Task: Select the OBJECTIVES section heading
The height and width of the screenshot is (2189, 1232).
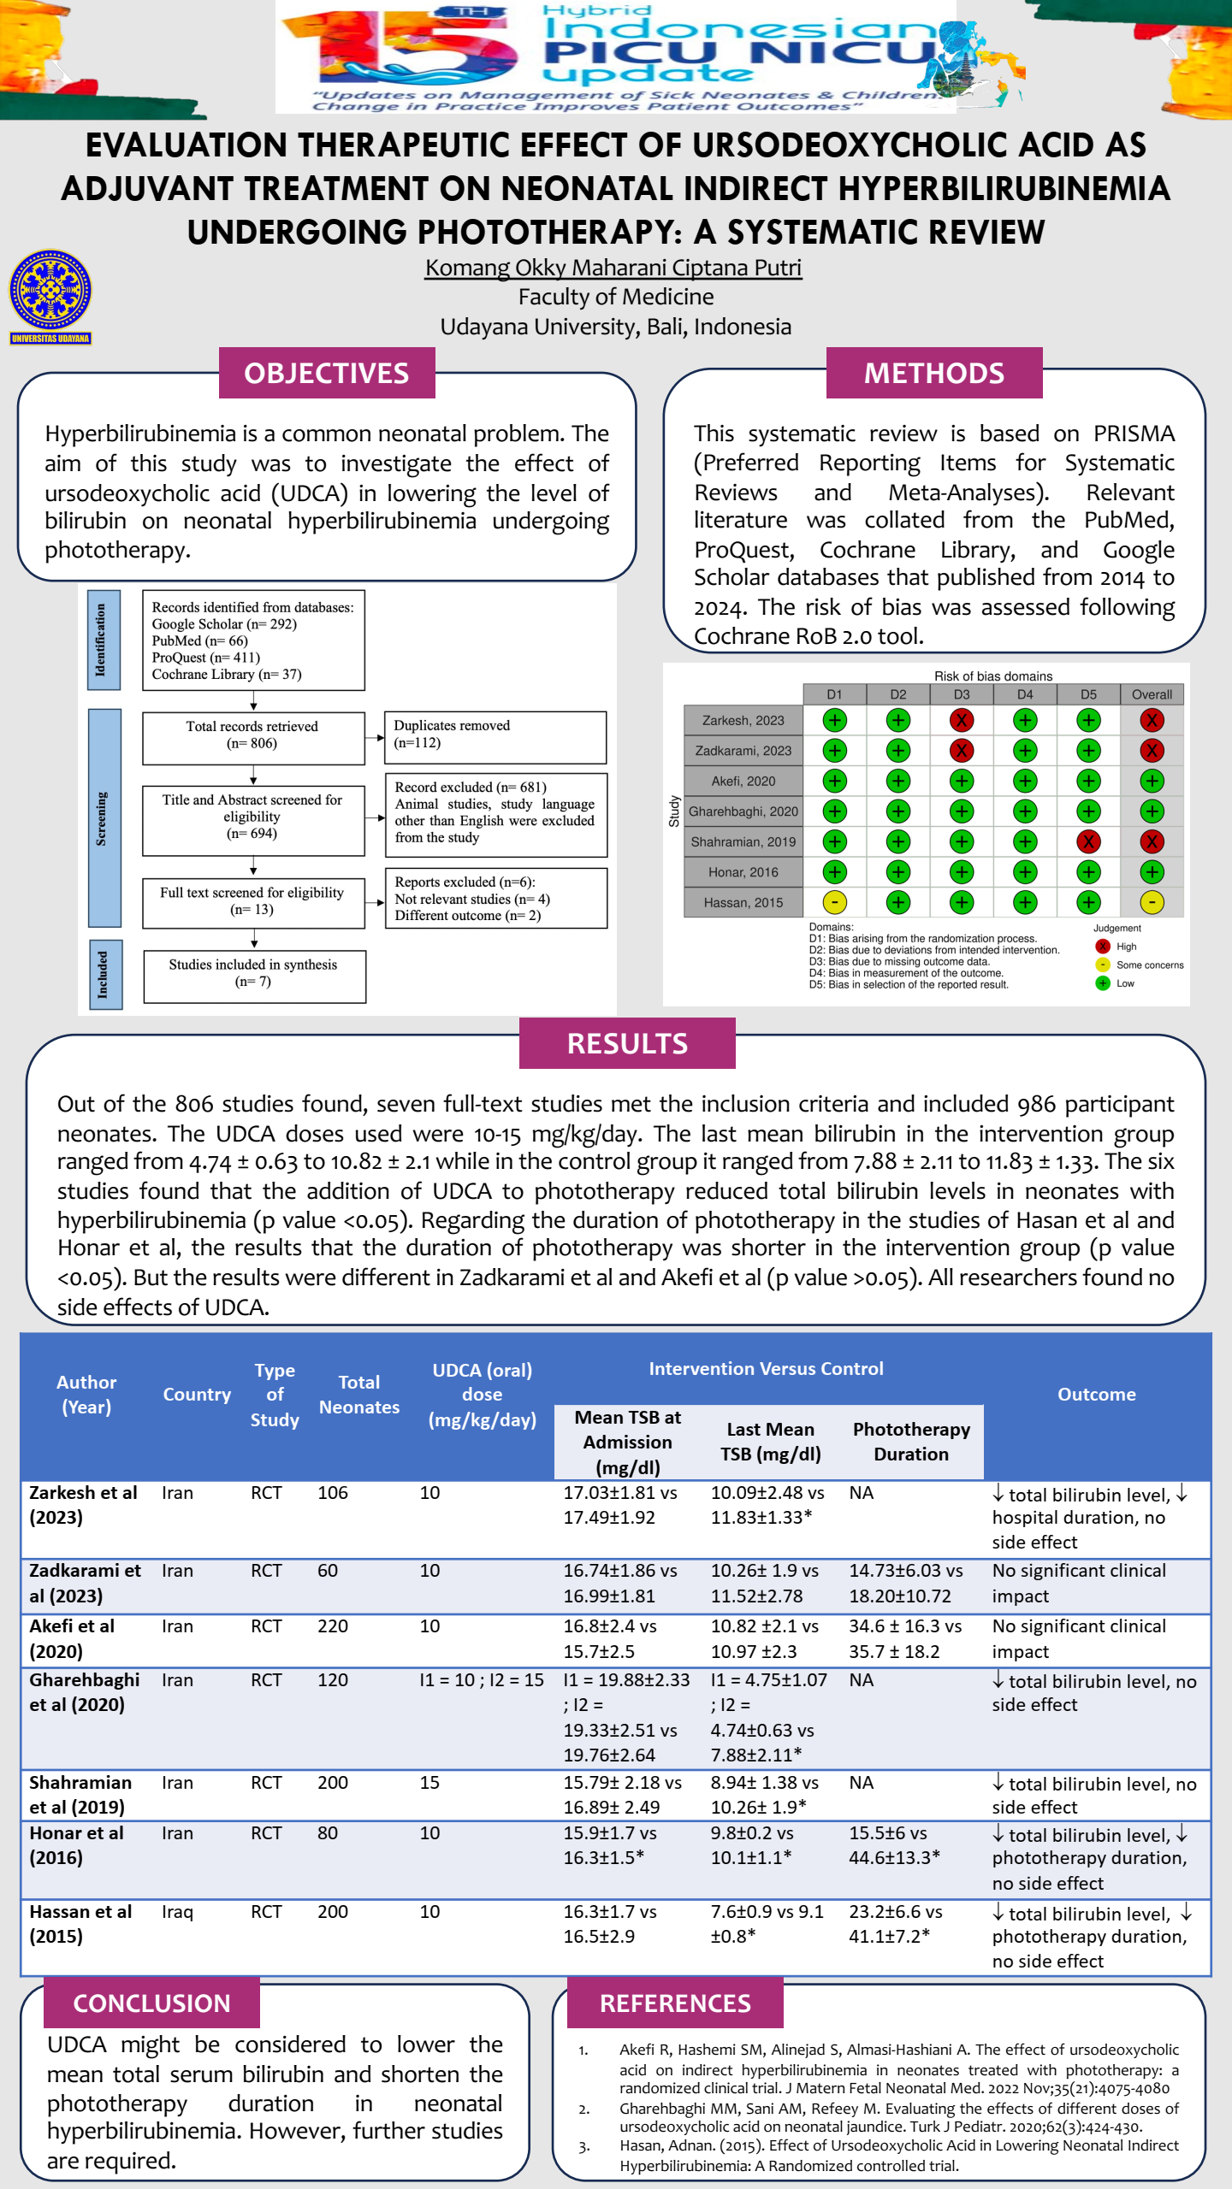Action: coord(327,373)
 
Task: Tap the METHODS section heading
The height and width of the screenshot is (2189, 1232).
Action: coord(934,373)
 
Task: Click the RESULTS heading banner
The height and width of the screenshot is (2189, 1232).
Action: coord(627,1043)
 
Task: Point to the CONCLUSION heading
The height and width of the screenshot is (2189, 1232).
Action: coord(151,2003)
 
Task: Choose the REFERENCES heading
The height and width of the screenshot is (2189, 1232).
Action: coord(675,2003)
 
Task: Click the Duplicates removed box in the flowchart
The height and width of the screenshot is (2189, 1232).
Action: coord(495,735)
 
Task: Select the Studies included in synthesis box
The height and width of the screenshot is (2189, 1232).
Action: coord(254,975)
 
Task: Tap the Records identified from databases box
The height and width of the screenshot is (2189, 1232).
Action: coord(253,640)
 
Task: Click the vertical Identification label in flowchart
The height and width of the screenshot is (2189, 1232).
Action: coord(103,640)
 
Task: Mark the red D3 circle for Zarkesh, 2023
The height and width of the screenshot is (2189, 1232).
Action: coord(962,720)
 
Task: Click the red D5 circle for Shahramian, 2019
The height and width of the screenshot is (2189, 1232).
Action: coord(1088,841)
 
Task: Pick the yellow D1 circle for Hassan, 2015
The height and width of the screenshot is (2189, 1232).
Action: coord(834,902)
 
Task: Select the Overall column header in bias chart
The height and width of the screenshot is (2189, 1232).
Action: coord(1152,694)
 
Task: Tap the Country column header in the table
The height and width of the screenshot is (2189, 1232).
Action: coord(197,1395)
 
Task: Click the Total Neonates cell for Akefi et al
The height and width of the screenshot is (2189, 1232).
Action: coord(333,1626)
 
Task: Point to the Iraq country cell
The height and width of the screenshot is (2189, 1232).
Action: coord(177,1911)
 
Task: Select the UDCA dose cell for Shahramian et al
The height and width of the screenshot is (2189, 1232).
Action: coord(429,1782)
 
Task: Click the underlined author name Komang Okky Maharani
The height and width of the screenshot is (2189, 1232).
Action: coord(613,268)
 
